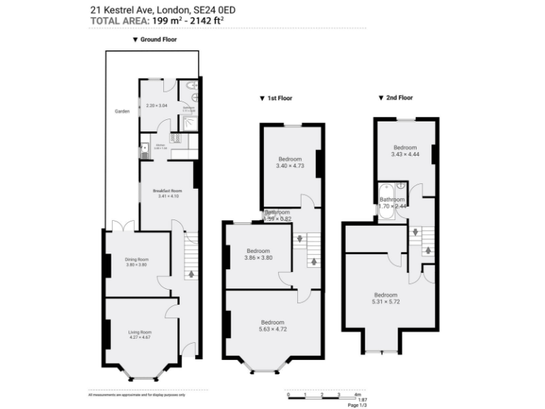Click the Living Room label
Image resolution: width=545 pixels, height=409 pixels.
point(140,332)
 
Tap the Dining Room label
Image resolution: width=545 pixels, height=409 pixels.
point(136,260)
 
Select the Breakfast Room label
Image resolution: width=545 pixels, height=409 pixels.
point(167,190)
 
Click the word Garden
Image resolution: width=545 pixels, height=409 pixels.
point(122,112)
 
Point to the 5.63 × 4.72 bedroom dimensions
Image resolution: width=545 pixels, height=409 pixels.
point(272,329)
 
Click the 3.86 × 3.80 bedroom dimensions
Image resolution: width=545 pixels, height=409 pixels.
point(258,258)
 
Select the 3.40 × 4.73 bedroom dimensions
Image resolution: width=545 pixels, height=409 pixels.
point(290,165)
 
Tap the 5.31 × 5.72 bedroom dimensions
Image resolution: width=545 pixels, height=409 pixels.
point(386,301)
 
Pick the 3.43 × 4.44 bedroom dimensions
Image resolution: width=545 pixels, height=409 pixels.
point(405,154)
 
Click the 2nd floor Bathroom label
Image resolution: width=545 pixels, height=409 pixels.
point(392,200)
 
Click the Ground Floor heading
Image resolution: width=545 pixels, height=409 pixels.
point(158,40)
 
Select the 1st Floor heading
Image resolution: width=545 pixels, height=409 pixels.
point(279,98)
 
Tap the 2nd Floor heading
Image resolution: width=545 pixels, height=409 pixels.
point(400,97)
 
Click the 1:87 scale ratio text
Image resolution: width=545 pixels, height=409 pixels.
point(353,400)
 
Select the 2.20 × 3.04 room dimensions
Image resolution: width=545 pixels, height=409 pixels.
point(156,106)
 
